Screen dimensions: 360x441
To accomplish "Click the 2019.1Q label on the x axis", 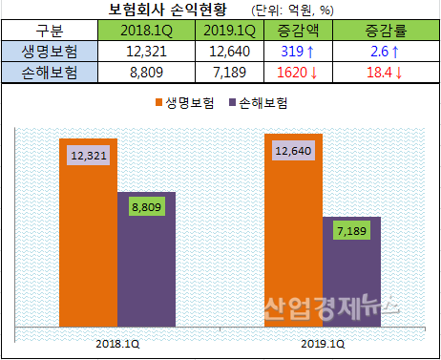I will click(323, 341).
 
